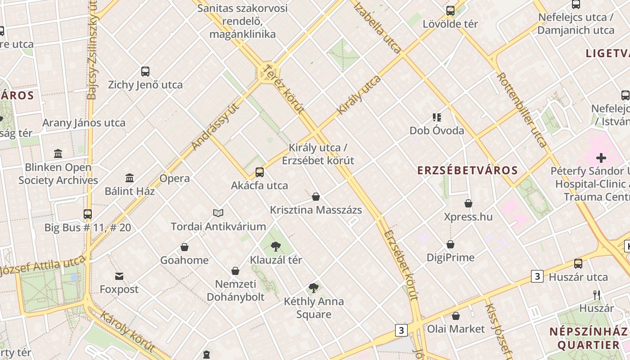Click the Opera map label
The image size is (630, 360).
coord(175,179)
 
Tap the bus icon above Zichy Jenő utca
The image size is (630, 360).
coord(145,71)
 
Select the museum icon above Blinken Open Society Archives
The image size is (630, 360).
coord(58,154)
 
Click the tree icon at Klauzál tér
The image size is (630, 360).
coord(276,246)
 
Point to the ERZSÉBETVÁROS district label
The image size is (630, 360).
coord(468,171)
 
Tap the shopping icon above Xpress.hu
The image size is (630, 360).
coord(468,203)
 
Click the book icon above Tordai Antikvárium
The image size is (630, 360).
coord(218,213)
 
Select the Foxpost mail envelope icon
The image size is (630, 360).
coord(119,276)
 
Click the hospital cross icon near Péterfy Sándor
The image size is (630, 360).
coord(601,158)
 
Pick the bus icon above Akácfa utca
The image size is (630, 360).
coord(260,172)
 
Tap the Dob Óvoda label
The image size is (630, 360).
coord(436,131)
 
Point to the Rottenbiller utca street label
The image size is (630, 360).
coord(522,110)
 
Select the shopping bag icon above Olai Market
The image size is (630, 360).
coord(456,316)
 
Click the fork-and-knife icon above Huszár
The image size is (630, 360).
coord(597,295)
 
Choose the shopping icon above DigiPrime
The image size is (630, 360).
coord(450,244)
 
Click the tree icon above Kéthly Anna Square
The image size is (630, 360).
coord(314,288)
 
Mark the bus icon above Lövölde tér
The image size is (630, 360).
coord(450,11)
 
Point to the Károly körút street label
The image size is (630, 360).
coord(127,332)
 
